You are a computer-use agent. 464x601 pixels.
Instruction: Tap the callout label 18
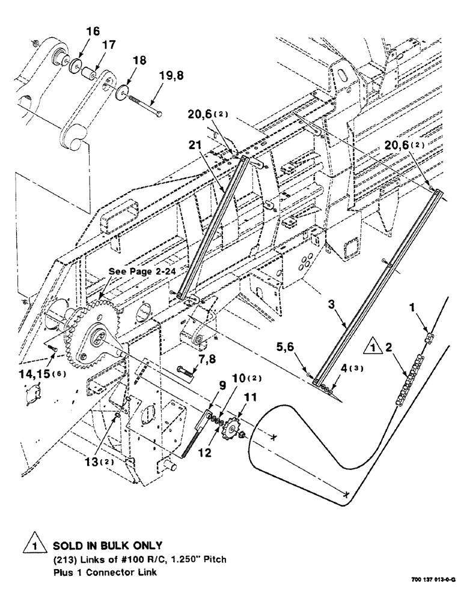(x=138, y=61)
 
